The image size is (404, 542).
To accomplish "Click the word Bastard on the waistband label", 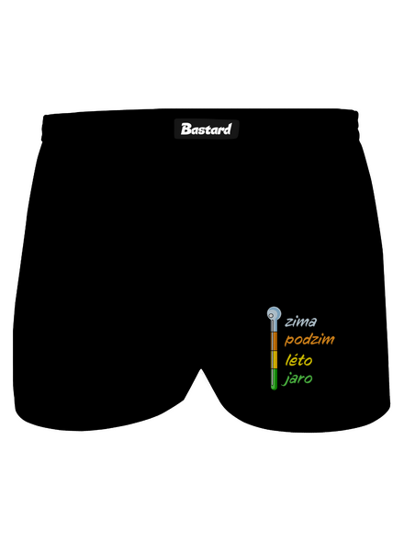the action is [x=206, y=129].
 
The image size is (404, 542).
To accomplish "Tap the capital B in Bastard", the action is [x=185, y=130].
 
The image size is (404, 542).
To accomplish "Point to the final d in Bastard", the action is [x=228, y=129].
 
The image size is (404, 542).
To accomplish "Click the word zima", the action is [x=300, y=322].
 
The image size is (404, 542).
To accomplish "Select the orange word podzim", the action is [x=309, y=340].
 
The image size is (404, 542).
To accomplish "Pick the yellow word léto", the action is [x=298, y=360].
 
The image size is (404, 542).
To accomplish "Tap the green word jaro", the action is [x=297, y=378].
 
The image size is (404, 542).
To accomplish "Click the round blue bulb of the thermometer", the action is [x=274, y=313].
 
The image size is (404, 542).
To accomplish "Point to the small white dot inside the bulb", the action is [x=272, y=315].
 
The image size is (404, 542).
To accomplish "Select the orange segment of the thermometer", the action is [x=274, y=341].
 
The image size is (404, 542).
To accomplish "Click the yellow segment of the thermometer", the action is [x=274, y=359].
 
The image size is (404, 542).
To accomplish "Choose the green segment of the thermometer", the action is [x=274, y=379].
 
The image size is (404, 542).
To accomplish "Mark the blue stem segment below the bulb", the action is [x=274, y=326].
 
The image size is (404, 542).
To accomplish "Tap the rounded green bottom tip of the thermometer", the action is [x=274, y=389].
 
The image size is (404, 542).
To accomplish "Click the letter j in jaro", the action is [x=286, y=379].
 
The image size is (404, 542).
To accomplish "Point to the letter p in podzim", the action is [x=288, y=341].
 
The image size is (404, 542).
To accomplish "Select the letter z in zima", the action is [x=289, y=322].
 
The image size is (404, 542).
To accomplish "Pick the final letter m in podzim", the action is [x=329, y=340].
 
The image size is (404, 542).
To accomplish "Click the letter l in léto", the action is [x=288, y=359].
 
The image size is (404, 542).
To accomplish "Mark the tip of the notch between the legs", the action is [x=201, y=369].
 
